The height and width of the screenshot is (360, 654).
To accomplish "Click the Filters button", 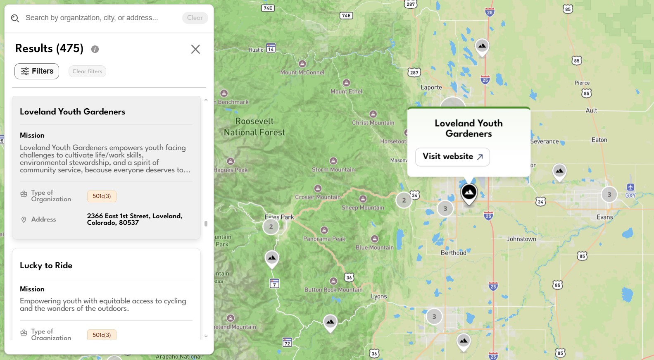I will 37,71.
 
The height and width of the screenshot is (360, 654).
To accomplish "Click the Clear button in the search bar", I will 195,18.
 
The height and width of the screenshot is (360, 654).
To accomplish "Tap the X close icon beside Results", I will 195,49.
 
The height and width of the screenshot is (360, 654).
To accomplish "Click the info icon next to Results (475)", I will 95,49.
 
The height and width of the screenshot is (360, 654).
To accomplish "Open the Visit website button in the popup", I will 452,157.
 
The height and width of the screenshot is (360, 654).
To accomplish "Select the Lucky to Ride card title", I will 46,265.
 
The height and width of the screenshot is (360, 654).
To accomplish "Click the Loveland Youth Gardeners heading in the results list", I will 72,112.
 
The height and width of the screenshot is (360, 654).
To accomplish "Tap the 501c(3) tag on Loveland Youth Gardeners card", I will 102,196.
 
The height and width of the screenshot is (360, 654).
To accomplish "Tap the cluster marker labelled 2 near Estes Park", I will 271,226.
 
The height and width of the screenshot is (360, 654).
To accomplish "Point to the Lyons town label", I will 379,296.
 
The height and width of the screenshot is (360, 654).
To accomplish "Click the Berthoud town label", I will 453,253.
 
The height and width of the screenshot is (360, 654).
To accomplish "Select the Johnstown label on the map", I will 521,239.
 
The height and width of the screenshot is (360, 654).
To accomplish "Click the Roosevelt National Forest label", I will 254,126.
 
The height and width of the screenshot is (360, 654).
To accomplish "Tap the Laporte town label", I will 431,87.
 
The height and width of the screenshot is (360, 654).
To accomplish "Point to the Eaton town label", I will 599,140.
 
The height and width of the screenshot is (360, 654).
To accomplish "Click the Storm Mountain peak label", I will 333,169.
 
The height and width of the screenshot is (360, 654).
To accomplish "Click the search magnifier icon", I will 15,18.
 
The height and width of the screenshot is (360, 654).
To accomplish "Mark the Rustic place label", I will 256,50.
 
